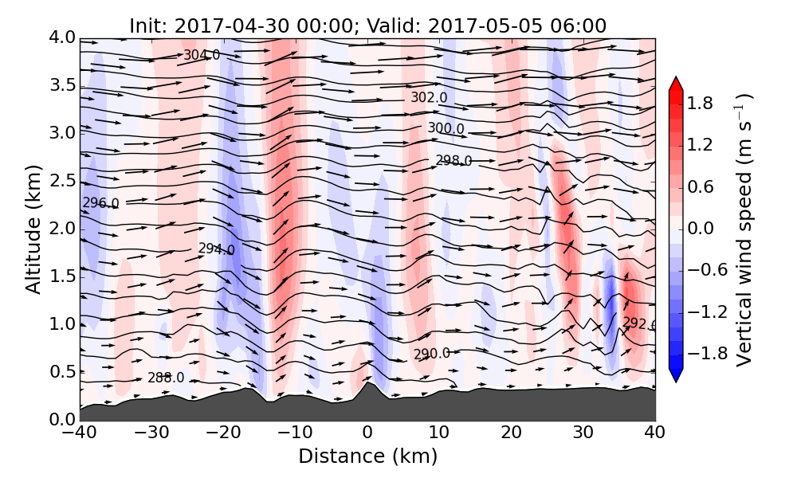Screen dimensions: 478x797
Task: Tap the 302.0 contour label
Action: click(x=429, y=97)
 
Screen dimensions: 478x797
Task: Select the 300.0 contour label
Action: click(x=446, y=127)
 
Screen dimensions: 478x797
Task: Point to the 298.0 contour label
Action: click(x=453, y=161)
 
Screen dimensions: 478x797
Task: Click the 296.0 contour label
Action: click(x=100, y=203)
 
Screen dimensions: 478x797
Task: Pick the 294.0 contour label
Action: click(x=216, y=249)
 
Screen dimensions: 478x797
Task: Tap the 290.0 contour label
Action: click(x=431, y=354)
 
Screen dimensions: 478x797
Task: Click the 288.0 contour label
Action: click(x=166, y=378)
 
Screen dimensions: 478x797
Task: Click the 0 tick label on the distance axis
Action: click(x=367, y=434)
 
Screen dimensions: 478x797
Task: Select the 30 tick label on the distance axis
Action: click(x=583, y=434)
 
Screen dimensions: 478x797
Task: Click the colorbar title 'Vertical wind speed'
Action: click(x=744, y=229)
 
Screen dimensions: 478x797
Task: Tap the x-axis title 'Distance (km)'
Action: click(x=367, y=456)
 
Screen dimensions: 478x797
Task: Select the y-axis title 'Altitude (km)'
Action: click(x=33, y=229)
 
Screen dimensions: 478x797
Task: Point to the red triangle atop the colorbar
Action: click(x=675, y=84)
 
